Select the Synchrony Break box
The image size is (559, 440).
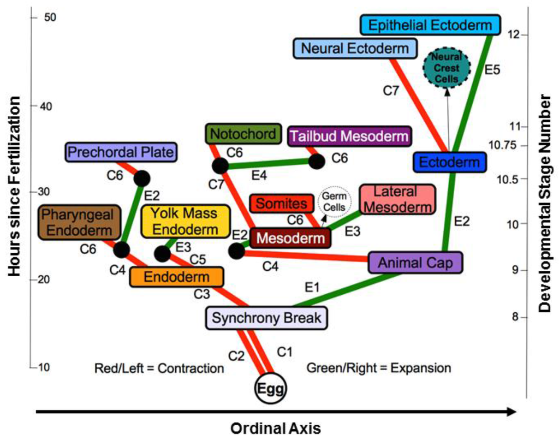click(266, 318)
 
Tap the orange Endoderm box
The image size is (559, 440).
click(176, 277)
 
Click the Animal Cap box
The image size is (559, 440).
click(415, 263)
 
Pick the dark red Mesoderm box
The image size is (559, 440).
click(290, 238)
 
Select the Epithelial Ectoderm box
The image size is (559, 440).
click(430, 25)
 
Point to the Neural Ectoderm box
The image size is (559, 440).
click(355, 49)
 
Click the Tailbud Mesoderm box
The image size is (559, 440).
click(348, 136)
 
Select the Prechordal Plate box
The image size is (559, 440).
click(121, 152)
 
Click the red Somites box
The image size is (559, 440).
click(281, 204)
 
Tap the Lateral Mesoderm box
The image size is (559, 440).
click(397, 199)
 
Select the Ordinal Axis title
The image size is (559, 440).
click(276, 428)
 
